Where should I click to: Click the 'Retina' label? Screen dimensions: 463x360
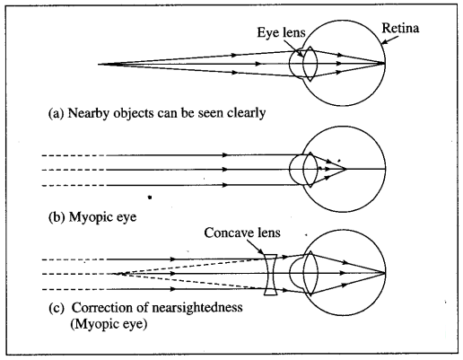point(400,29)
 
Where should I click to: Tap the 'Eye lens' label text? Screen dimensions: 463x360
point(281,32)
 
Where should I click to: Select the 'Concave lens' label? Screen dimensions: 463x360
point(242,233)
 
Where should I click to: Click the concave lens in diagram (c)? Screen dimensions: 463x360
point(271,275)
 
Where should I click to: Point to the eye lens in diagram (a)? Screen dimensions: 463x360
point(310,64)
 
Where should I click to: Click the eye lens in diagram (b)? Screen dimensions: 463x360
point(310,170)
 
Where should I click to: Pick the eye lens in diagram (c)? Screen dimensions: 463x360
point(310,273)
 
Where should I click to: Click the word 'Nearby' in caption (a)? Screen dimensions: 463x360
point(88,113)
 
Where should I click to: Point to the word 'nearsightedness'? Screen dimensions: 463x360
point(197,308)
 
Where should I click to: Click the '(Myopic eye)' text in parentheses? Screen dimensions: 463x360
point(109,324)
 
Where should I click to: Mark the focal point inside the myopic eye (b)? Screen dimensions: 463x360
point(346,170)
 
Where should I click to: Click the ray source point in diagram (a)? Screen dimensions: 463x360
point(99,64)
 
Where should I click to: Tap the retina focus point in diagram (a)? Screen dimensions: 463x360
point(385,63)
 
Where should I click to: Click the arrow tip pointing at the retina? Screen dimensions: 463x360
point(382,44)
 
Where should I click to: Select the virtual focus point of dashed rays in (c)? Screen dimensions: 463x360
point(115,274)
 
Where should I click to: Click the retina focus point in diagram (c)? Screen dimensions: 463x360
point(385,273)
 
